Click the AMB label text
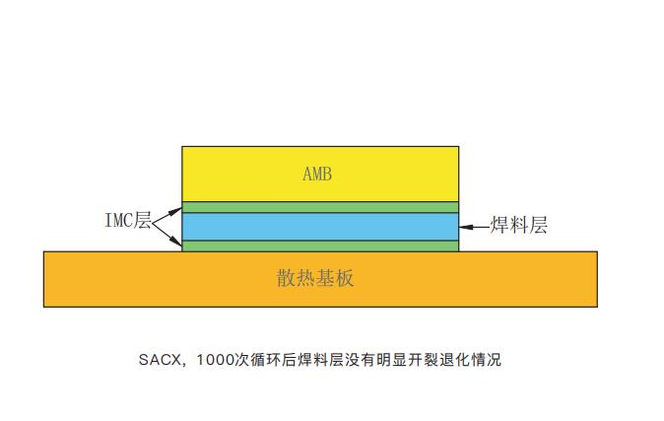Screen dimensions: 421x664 point(317,175)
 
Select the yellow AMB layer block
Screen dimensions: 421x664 point(394,174)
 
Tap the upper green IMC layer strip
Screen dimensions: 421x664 point(320,207)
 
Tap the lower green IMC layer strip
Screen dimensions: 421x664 point(320,246)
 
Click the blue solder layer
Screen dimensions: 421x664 point(320,227)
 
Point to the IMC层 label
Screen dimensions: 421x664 point(128,221)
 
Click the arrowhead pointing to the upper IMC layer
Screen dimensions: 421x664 point(178,208)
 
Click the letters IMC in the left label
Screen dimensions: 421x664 point(119,221)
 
